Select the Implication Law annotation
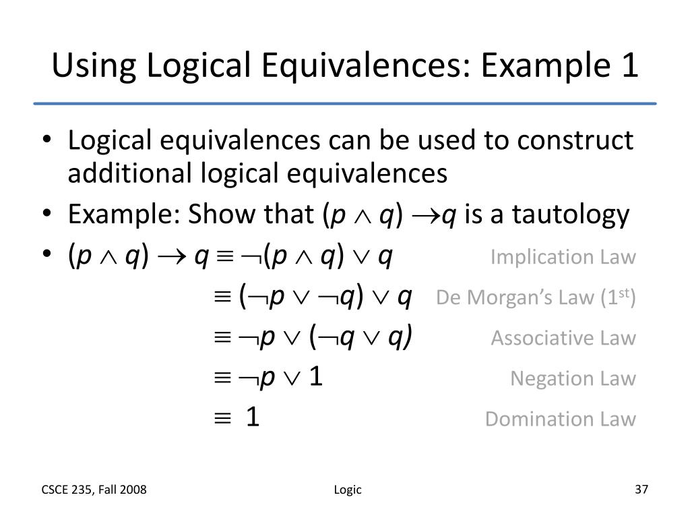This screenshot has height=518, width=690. point(563,257)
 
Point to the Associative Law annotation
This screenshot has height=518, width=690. point(563,338)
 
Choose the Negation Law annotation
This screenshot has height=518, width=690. point(573,378)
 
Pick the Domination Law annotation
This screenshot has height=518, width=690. point(560,419)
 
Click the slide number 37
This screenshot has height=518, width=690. point(641,490)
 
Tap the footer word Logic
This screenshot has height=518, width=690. point(348,490)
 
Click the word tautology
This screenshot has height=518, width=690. point(571,215)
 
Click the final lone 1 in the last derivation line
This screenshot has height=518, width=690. point(253,418)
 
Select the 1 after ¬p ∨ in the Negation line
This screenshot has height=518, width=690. point(316,378)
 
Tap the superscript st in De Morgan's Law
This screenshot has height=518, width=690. point(626,292)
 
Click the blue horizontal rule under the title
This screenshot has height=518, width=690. point(345,103)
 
